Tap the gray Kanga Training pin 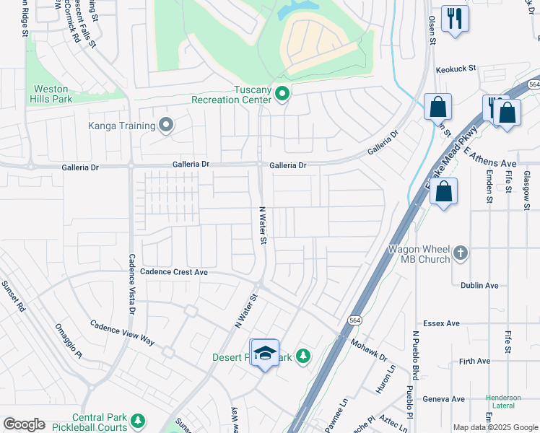166,126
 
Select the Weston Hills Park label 52,94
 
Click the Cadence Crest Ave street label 174,272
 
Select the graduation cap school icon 265,352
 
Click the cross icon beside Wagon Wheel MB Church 461,254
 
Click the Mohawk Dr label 370,349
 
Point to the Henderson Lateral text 503,402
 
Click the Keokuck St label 457,69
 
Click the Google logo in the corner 24,424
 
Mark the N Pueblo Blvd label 416,357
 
